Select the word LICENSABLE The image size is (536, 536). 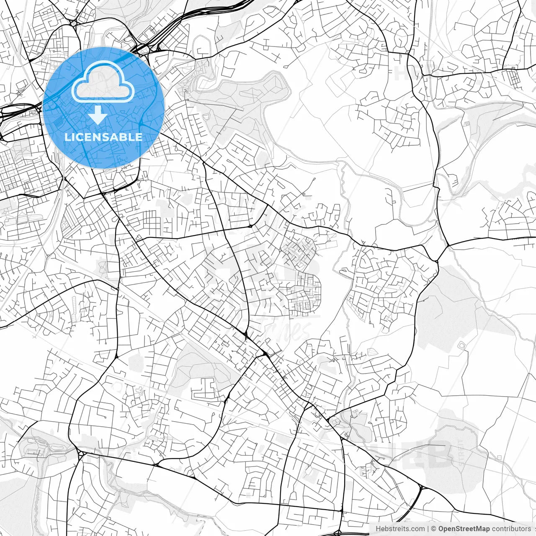[x=103, y=137]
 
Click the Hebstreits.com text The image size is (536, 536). [x=400, y=528]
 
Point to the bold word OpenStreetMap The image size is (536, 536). [x=464, y=528]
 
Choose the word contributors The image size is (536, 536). [x=511, y=528]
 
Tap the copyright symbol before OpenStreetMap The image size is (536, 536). [x=434, y=528]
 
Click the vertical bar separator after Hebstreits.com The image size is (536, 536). [x=428, y=528]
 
